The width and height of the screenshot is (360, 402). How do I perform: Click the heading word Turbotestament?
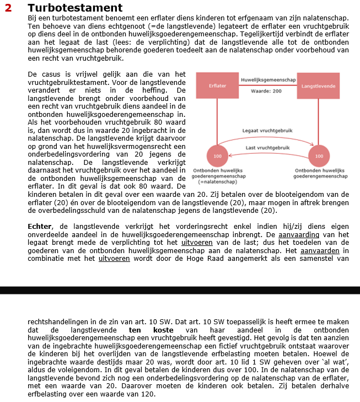pos(75,8)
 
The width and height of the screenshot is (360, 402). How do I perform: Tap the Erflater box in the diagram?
pos(217,86)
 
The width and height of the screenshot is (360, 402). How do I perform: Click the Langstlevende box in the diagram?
pos(319,86)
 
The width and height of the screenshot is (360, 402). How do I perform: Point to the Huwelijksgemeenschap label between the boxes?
pos(268,80)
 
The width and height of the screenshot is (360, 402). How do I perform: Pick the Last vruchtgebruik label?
pos(267,148)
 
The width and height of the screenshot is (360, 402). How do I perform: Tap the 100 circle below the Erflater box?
pos(218,157)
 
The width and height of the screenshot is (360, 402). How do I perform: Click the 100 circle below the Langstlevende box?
pos(319,157)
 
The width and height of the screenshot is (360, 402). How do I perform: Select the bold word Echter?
pos(40,226)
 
